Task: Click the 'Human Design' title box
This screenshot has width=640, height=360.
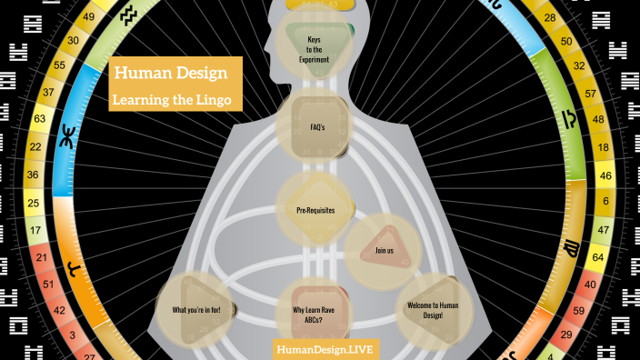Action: pyautogui.click(x=175, y=73)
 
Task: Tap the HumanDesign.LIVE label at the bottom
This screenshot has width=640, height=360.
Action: pyautogui.click(x=325, y=349)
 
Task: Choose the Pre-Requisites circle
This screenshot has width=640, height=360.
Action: pyautogui.click(x=315, y=210)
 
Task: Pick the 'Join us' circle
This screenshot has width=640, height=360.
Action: pyautogui.click(x=383, y=248)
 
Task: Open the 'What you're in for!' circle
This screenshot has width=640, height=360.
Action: pyautogui.click(x=196, y=310)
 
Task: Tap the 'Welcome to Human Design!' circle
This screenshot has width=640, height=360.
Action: pyautogui.click(x=432, y=309)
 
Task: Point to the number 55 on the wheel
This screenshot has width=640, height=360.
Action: pyautogui.click(x=59, y=66)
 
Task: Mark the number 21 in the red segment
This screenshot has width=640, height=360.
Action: pyautogui.click(x=41, y=258)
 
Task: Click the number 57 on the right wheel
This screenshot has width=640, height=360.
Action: pyautogui.click(x=592, y=93)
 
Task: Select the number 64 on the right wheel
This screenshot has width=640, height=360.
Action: pyautogui.click(x=598, y=258)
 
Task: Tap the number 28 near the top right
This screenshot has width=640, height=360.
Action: pyautogui.click(x=550, y=18)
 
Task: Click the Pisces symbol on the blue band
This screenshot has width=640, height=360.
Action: pyautogui.click(x=66, y=141)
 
